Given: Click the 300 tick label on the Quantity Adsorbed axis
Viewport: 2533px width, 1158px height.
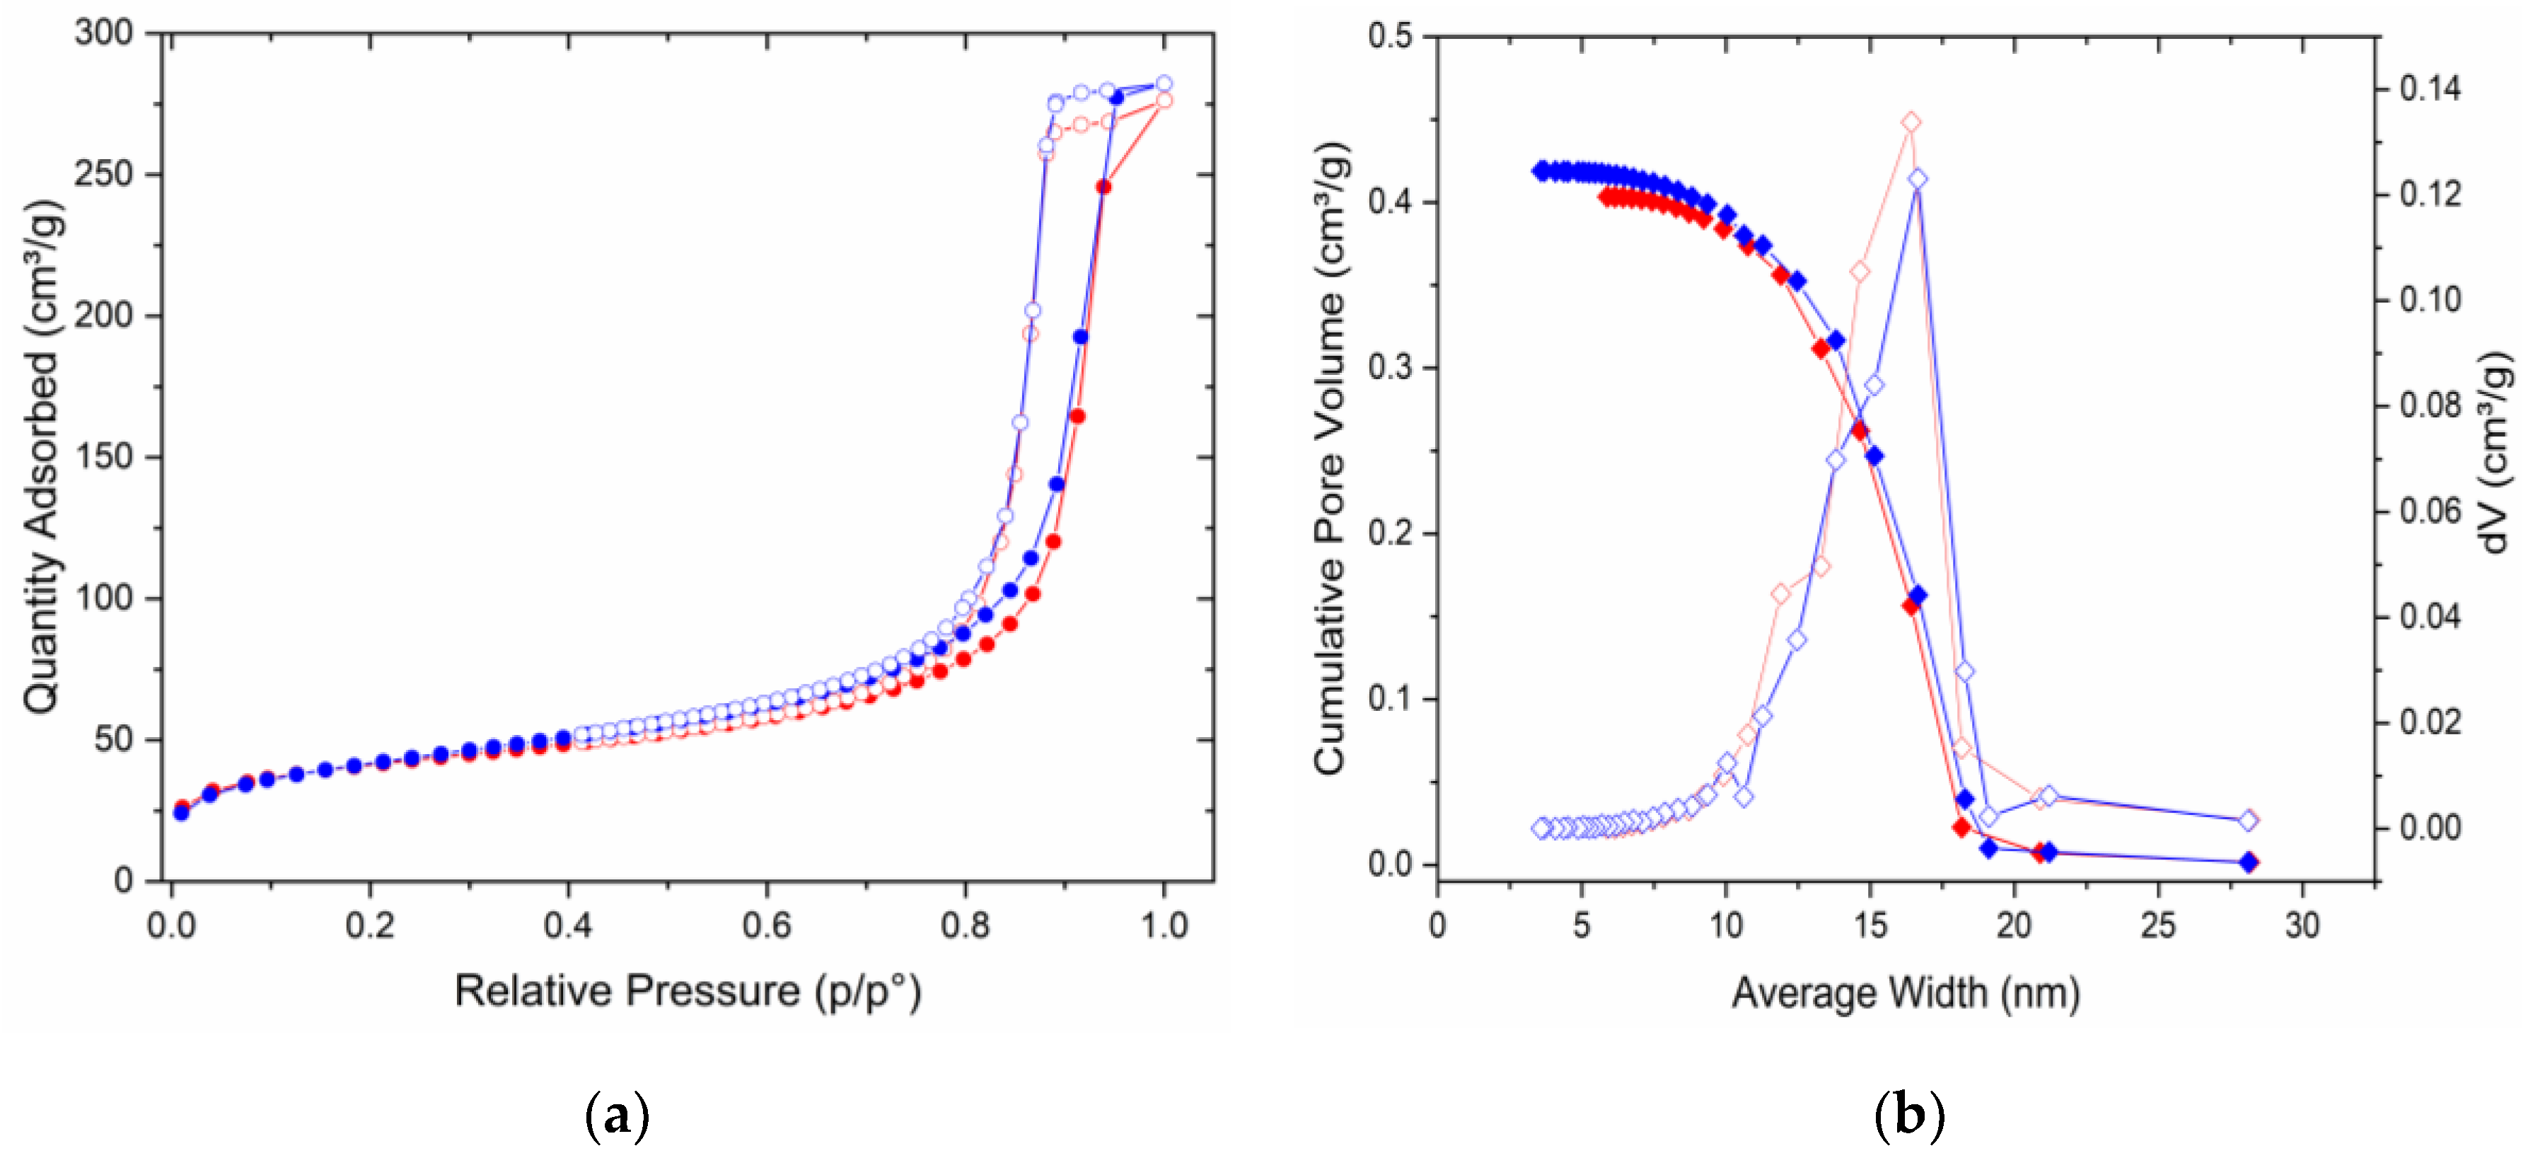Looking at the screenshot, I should tap(103, 33).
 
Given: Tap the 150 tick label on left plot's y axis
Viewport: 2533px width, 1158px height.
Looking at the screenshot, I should tap(103, 457).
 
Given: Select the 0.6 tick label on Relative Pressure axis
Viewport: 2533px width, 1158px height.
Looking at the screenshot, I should tap(767, 925).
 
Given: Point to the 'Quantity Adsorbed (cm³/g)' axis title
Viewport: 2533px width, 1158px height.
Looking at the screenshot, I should tap(41, 457).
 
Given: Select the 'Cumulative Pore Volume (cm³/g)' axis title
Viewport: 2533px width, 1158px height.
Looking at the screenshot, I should tap(1329, 457).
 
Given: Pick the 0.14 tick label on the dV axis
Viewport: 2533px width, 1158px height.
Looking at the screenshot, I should tap(2430, 88).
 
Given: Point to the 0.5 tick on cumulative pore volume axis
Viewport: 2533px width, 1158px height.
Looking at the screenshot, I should tap(1389, 36).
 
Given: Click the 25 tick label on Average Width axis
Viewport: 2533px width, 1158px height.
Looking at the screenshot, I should tap(2158, 925).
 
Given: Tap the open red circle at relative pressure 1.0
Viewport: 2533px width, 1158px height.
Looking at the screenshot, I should tap(1164, 100).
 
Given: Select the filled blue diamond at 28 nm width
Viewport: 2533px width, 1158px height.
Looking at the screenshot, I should tap(2248, 862).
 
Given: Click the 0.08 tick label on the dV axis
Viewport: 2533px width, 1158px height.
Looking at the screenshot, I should tap(2430, 405).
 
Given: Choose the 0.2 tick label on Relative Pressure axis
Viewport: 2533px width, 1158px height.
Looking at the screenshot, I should tap(370, 925).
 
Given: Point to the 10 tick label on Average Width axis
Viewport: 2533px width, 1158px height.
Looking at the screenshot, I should tap(1726, 925).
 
